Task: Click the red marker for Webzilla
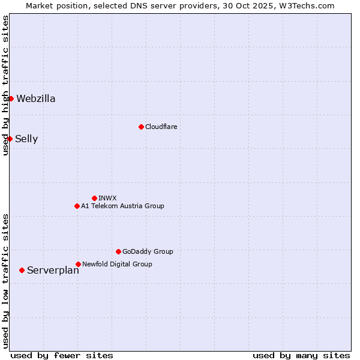pos(11,98)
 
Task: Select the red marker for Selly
pos(10,139)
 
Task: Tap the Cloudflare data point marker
pos(141,127)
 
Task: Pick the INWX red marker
pos(94,198)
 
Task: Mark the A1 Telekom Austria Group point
pos(77,206)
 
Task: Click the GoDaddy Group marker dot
pos(118,251)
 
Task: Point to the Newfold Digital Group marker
pos(78,264)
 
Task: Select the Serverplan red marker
pos(22,270)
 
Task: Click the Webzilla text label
pos(36,99)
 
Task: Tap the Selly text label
pos(26,139)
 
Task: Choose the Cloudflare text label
pos(161,127)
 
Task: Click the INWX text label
pos(107,198)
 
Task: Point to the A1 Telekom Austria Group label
pos(122,206)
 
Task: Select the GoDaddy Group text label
pos(148,251)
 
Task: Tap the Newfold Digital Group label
pos(117,264)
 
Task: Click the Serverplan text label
pos(53,271)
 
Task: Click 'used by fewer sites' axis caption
pos(62,355)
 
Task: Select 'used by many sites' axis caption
pos(301,355)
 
